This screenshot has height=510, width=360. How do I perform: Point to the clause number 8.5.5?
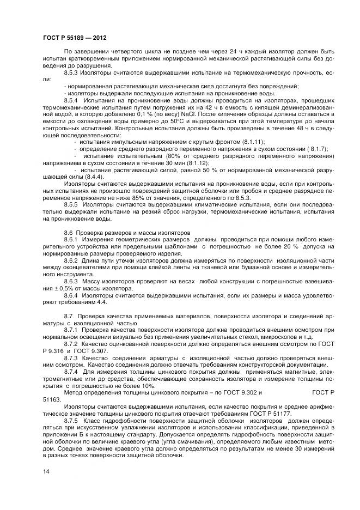(72, 205)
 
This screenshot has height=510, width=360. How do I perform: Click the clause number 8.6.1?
(72, 240)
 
